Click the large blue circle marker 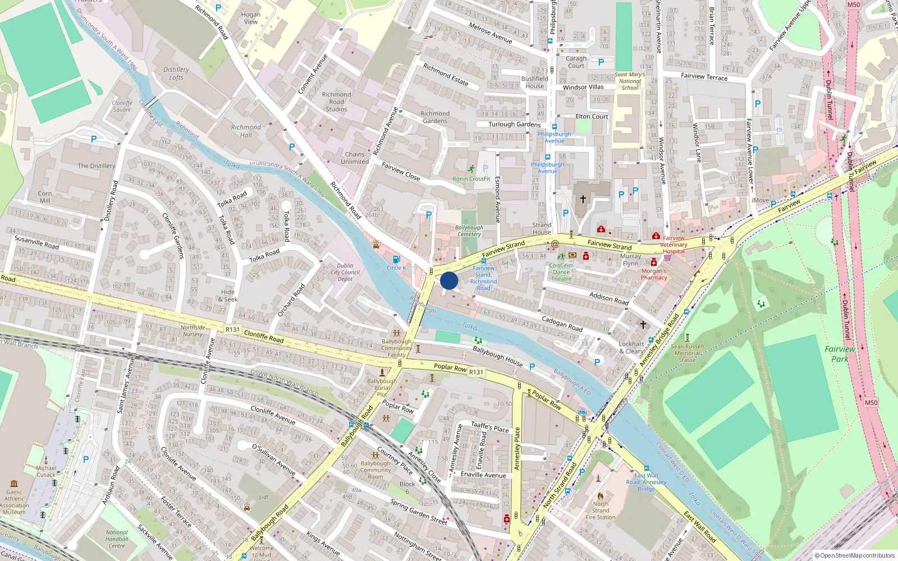[449, 280]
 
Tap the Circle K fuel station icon [396, 259]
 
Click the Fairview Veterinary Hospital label [673, 245]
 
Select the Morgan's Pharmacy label [654, 274]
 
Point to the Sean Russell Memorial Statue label [687, 353]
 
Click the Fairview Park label [840, 353]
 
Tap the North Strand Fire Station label [601, 511]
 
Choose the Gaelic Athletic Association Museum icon [14, 484]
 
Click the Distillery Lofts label [176, 73]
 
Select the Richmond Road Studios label [336, 102]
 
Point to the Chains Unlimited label [355, 158]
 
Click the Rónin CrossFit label [471, 178]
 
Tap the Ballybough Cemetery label [469, 231]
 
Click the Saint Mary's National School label [630, 81]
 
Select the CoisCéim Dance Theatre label [561, 272]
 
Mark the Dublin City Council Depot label [345, 272]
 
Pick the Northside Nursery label [193, 331]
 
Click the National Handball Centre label [117, 539]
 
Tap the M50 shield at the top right [854, 4]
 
